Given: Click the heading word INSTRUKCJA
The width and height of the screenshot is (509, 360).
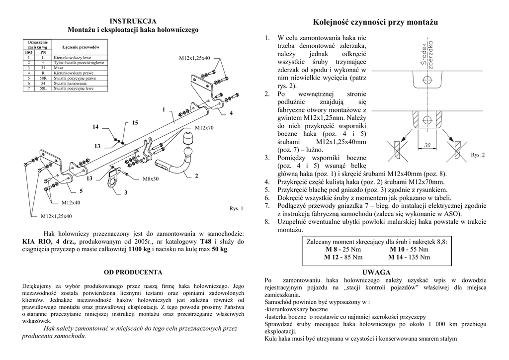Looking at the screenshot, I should click(133, 21).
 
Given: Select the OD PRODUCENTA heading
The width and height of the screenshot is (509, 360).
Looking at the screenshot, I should click(133, 272).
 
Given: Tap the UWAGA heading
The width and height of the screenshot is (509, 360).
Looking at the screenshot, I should click(377, 272).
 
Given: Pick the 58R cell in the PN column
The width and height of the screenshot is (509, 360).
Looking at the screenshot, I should click(43, 79).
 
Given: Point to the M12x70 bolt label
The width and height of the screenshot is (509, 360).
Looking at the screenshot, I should click(204, 128).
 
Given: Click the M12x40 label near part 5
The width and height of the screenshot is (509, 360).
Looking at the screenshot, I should click(71, 202).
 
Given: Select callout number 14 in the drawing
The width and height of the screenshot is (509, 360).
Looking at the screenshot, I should click(95, 127).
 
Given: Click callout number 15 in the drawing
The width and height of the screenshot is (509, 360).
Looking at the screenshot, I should click(135, 122).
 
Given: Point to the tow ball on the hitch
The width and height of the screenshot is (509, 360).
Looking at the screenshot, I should click(189, 137).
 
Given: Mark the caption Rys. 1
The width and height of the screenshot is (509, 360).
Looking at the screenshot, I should click(236, 208).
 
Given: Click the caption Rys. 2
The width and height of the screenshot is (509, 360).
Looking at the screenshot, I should click(478, 155).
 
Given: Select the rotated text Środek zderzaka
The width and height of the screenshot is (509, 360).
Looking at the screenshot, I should click(426, 55).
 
